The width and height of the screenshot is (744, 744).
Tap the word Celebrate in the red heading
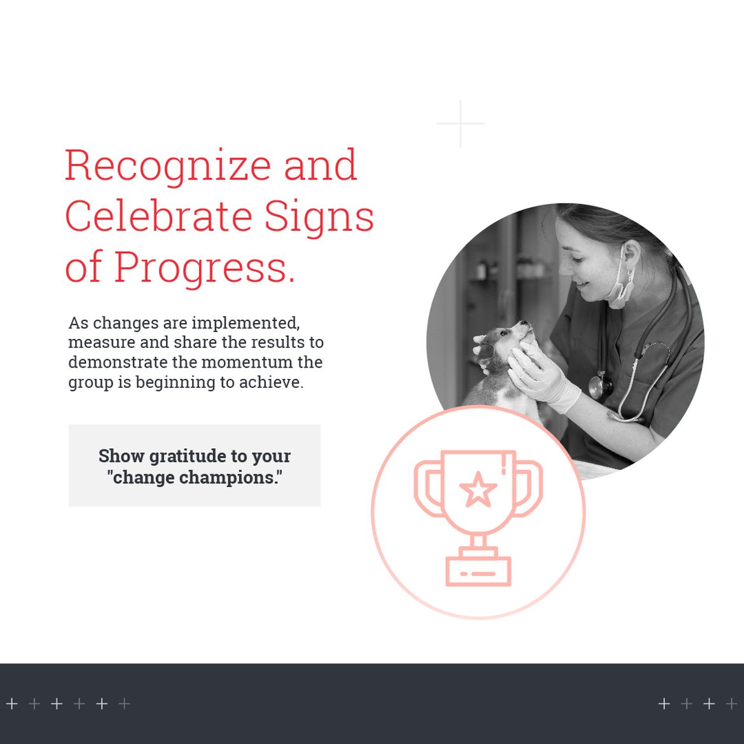tap(158, 216)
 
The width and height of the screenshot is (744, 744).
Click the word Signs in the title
tap(319, 217)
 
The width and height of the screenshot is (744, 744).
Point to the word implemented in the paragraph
tap(246, 323)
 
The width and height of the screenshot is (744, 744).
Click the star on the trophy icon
tap(478, 490)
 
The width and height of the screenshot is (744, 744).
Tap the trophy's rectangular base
tap(478, 571)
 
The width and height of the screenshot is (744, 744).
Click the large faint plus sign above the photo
tap(460, 124)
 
